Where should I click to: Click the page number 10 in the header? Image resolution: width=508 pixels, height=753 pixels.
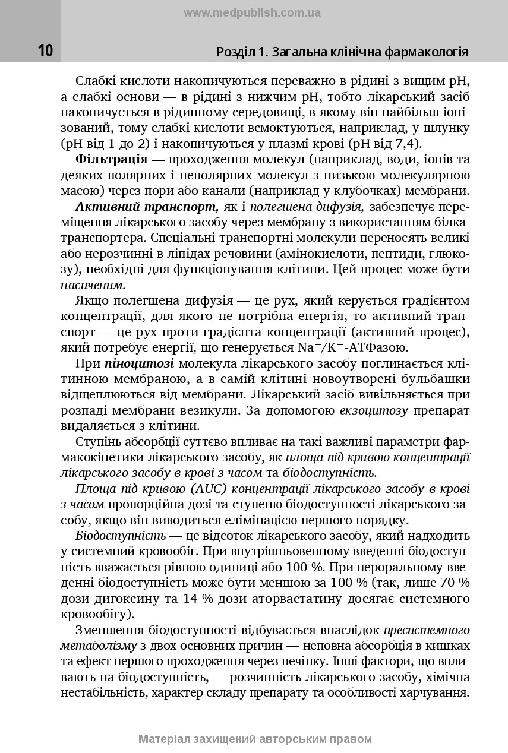[45, 51]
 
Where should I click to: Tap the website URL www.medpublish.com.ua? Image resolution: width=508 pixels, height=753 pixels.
[253, 12]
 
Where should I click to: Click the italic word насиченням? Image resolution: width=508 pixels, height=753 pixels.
[92, 284]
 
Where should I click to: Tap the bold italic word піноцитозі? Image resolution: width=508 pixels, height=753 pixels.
[140, 363]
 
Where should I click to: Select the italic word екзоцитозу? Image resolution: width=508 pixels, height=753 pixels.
[373, 410]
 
